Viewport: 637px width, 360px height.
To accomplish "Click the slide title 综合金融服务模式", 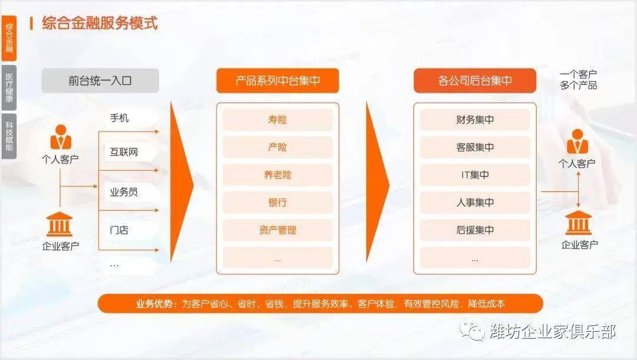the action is click(100, 23).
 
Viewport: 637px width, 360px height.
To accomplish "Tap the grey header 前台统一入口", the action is click(100, 80).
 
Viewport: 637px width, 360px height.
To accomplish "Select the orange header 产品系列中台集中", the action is click(277, 80).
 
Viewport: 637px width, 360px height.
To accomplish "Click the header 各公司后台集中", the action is click(475, 80).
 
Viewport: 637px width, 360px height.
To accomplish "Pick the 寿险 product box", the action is click(277, 120).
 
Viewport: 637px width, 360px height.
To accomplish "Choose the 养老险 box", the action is click(277, 175).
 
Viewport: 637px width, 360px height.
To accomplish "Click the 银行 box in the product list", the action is click(277, 202).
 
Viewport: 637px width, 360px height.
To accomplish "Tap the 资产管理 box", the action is click(277, 230).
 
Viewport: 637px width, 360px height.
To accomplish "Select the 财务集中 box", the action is click(475, 120).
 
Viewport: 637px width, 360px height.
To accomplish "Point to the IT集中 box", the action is click(475, 175).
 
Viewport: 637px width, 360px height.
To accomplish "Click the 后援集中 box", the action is click(475, 230).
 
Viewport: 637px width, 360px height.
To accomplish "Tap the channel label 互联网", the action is click(124, 152).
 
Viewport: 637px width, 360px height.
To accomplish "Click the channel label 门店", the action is click(119, 230).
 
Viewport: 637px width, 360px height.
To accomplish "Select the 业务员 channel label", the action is click(124, 192).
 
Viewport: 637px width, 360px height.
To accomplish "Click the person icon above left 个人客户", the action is click(61, 137).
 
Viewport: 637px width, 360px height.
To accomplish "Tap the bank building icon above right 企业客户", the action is click(578, 222).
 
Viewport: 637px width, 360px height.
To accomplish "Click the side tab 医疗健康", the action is click(9, 88).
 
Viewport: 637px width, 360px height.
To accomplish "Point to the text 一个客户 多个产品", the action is click(578, 80).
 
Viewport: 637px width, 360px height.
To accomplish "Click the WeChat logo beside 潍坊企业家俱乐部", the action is click(472, 332).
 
